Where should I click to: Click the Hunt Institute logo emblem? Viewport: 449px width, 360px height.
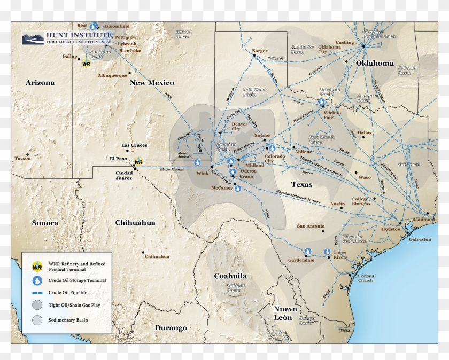33,38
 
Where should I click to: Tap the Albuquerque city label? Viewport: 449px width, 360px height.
112,75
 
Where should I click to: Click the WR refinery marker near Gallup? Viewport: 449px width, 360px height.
86,64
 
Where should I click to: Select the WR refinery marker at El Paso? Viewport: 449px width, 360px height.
138,161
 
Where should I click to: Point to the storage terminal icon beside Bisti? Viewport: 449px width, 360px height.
94,26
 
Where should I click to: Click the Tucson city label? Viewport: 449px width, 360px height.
22,158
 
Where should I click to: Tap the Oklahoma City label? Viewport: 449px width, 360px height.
329,50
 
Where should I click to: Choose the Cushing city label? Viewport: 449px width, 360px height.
344,42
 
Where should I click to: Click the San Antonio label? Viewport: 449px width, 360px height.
311,226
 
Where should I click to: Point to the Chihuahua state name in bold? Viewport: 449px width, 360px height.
135,222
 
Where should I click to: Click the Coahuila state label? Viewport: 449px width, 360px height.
230,276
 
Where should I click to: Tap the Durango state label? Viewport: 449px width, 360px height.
171,327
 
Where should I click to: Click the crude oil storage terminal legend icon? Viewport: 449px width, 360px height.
37,280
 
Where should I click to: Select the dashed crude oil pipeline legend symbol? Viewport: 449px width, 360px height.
37,293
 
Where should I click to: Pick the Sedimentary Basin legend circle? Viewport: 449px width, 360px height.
37,320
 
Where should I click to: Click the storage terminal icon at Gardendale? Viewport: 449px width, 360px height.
308,252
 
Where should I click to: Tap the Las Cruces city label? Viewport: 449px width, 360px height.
134,145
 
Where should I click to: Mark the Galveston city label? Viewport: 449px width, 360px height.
420,239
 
